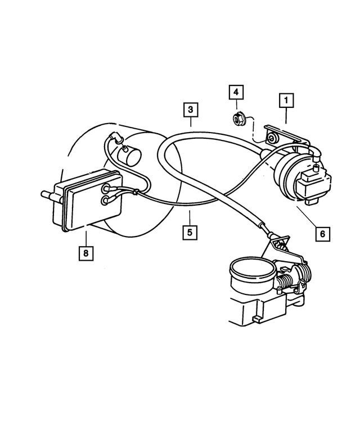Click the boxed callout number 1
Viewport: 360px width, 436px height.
tap(286, 101)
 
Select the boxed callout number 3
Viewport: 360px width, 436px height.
tap(191, 109)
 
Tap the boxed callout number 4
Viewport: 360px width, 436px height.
tap(236, 92)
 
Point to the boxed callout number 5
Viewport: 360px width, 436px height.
tap(190, 230)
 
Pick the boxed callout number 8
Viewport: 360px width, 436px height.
tap(86, 253)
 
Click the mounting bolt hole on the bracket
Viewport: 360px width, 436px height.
tap(272, 138)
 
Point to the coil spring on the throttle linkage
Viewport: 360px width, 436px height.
tap(291, 279)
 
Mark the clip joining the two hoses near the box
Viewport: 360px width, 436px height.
tap(136, 193)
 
